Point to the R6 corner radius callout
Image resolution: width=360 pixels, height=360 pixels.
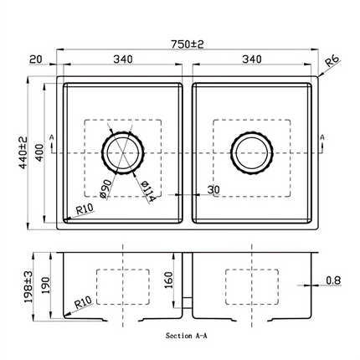(x=333, y=62)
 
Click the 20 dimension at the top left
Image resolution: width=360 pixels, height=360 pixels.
(x=33, y=59)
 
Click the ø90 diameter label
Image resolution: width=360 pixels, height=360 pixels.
(x=106, y=188)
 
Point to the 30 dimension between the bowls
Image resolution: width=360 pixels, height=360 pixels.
(x=213, y=192)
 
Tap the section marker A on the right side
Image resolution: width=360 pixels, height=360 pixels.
(x=321, y=137)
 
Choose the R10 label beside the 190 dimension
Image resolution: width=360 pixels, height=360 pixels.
(x=82, y=301)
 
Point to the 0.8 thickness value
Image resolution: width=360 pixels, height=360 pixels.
(x=334, y=281)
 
